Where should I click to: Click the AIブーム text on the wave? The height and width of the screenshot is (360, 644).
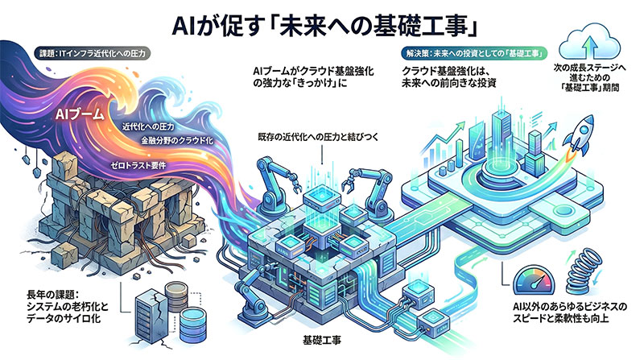point(79,114)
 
